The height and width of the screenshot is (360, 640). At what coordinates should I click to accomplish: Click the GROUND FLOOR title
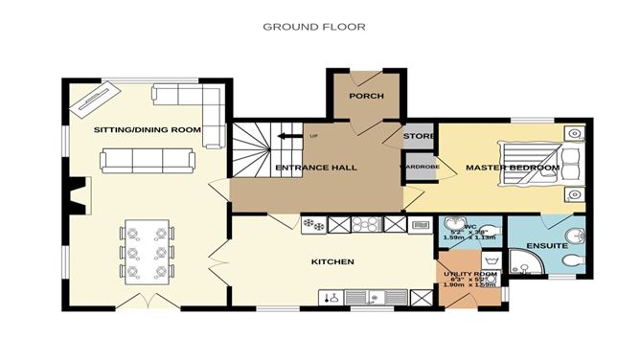pos(313,27)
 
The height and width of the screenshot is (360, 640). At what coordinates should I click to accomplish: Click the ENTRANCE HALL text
pos(315,168)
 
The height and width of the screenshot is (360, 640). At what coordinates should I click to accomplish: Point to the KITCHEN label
pos(332,261)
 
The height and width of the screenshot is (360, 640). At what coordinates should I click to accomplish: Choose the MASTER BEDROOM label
pos(512,168)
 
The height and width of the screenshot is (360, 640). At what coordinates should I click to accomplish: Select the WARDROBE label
pos(418,167)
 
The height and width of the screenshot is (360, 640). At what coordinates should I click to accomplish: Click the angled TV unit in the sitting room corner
pos(95,95)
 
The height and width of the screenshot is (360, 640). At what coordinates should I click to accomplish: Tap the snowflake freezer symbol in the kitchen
pos(312,224)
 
